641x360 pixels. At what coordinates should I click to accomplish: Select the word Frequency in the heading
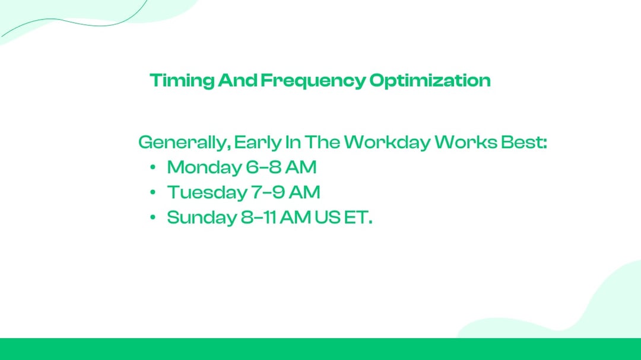pyautogui.click(x=313, y=81)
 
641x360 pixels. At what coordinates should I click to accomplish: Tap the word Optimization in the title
pyautogui.click(x=430, y=81)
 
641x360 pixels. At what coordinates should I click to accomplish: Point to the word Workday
pyautogui.click(x=387, y=142)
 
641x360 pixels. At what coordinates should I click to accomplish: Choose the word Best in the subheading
pyautogui.click(x=522, y=142)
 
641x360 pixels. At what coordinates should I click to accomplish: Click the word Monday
pyautogui.click(x=204, y=168)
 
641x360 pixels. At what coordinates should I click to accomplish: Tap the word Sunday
pyautogui.click(x=201, y=218)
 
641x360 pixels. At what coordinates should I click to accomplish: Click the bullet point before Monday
pyautogui.click(x=153, y=168)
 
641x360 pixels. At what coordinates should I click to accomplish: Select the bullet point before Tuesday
pyautogui.click(x=153, y=193)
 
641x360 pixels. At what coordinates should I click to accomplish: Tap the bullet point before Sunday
pyautogui.click(x=153, y=218)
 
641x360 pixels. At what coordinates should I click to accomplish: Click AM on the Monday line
pyautogui.click(x=301, y=168)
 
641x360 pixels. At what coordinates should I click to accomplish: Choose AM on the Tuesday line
pyautogui.click(x=304, y=193)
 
